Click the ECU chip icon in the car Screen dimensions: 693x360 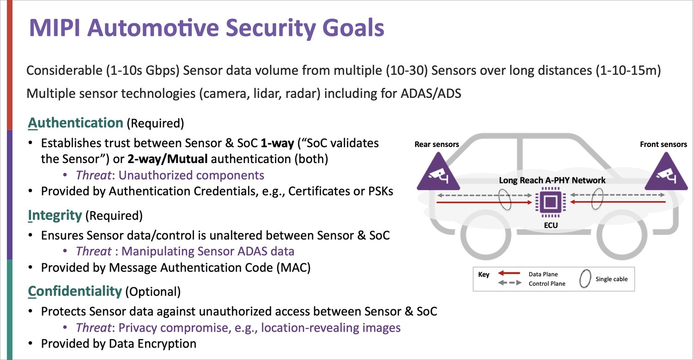(550, 202)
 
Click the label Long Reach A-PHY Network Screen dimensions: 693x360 (552, 180)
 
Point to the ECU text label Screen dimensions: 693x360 (551, 225)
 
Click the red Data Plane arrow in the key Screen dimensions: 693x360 (509, 273)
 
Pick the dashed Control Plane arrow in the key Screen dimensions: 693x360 (510, 283)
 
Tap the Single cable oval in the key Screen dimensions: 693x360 (585, 279)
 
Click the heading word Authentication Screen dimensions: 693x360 (75, 123)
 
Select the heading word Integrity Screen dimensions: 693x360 (55, 215)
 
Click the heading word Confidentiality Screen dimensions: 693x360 (75, 291)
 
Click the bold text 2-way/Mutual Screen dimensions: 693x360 (167, 159)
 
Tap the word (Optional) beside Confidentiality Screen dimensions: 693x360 (153, 292)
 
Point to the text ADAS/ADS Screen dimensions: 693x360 (431, 93)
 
